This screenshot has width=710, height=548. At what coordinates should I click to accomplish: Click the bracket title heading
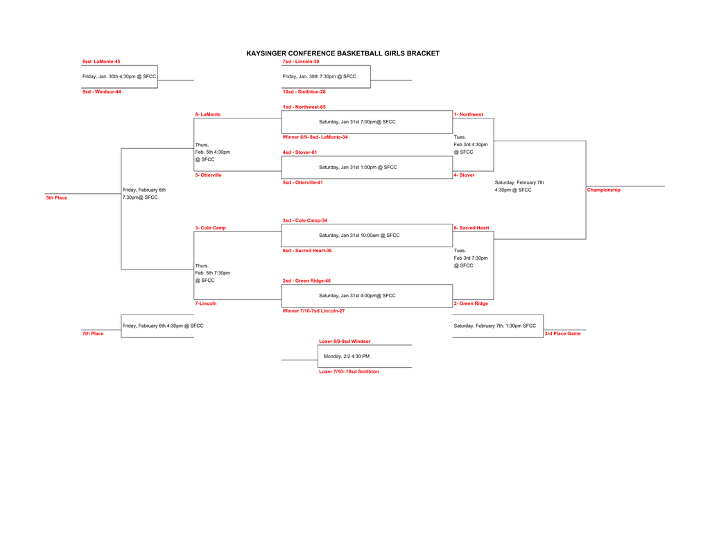[x=343, y=53]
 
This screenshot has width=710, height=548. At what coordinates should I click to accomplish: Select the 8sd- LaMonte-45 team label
[x=101, y=62]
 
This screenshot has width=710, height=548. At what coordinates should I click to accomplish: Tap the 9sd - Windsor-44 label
[x=102, y=91]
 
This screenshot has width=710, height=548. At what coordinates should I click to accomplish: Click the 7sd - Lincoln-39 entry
[x=301, y=62]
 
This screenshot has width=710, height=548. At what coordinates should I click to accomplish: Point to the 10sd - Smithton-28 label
[x=304, y=91]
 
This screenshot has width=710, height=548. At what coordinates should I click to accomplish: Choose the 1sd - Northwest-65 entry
[x=304, y=107]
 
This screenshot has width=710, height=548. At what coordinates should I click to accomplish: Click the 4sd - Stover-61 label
[x=300, y=152]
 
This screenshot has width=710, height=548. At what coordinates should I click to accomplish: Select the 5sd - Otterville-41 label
[x=302, y=182]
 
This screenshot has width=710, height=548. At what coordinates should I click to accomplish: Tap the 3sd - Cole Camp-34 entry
[x=304, y=220]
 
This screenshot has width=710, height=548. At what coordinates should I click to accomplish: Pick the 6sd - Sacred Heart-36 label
[x=306, y=251]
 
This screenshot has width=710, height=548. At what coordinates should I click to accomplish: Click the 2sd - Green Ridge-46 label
[x=306, y=281]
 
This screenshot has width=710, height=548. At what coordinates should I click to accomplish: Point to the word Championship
[x=604, y=190]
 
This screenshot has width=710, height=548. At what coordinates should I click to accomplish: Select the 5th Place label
[x=57, y=198]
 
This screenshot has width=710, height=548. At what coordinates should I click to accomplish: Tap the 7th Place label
[x=93, y=334]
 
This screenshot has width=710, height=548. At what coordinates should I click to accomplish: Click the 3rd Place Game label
[x=562, y=334]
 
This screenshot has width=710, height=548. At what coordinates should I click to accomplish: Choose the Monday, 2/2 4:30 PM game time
[x=347, y=356]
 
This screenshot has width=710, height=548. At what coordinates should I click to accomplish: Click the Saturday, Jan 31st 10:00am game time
[x=359, y=236]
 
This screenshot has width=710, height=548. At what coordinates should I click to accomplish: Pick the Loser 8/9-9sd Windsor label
[x=345, y=342]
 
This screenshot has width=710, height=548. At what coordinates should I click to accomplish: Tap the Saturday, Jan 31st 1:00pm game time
[x=358, y=167]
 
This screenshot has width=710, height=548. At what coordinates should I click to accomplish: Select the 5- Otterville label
[x=209, y=175]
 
